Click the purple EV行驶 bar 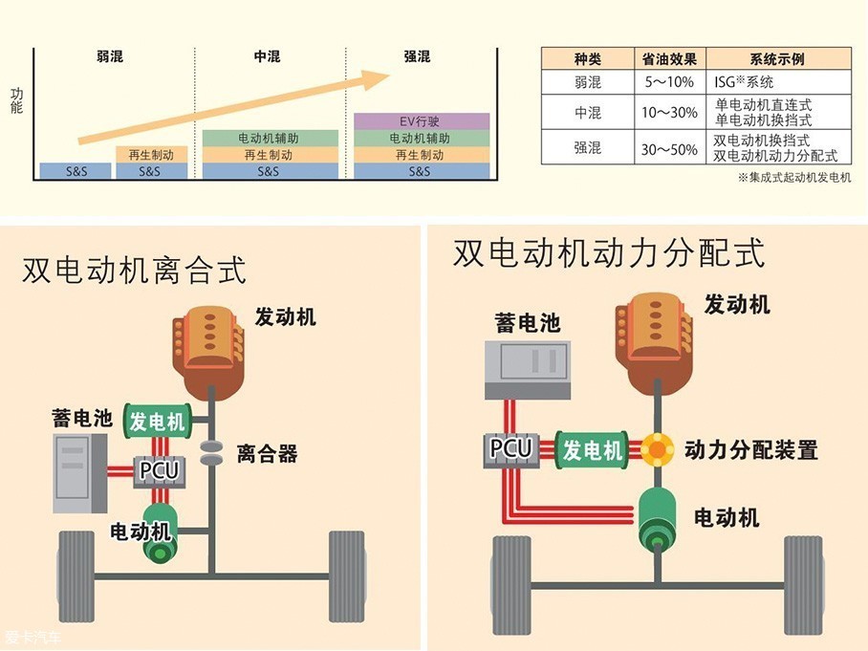[422, 121]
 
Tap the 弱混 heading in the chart [110, 57]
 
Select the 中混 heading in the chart [267, 57]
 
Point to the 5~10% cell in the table [669, 82]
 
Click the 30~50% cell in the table [669, 148]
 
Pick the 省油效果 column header [669, 59]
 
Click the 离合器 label [268, 454]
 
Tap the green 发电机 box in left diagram [158, 421]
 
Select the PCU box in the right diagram [510, 447]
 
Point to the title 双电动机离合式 [134, 271]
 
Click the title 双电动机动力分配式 [609, 253]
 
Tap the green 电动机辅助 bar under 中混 [271, 138]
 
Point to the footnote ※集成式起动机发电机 [793, 178]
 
